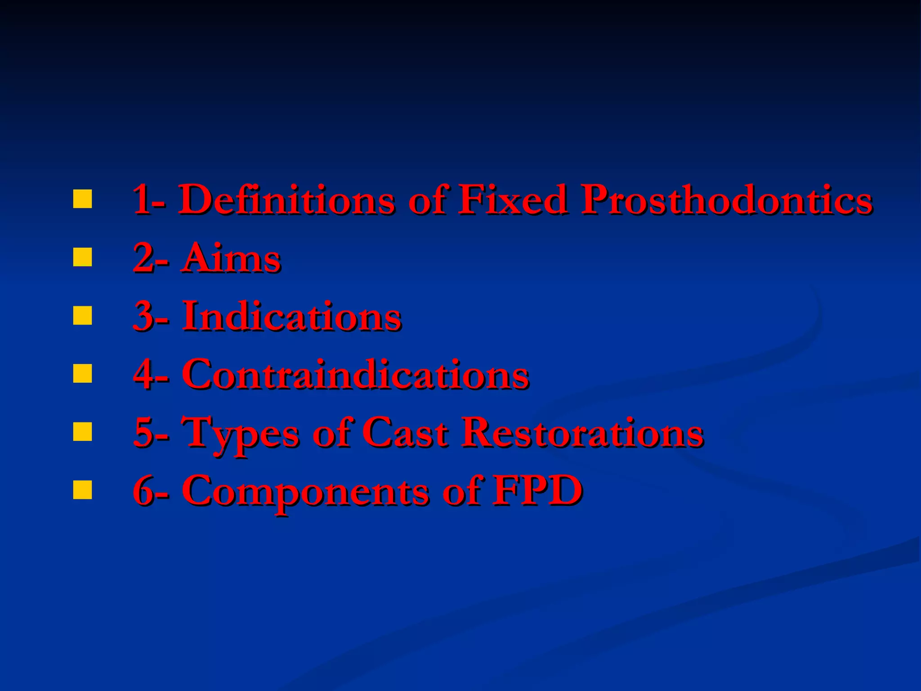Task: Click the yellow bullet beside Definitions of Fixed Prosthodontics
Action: [82, 199]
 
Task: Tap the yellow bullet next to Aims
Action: [82, 257]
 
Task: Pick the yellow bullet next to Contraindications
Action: [82, 373]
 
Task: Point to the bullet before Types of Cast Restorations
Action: [82, 431]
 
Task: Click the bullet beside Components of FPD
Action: [82, 490]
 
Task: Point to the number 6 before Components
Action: [144, 491]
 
